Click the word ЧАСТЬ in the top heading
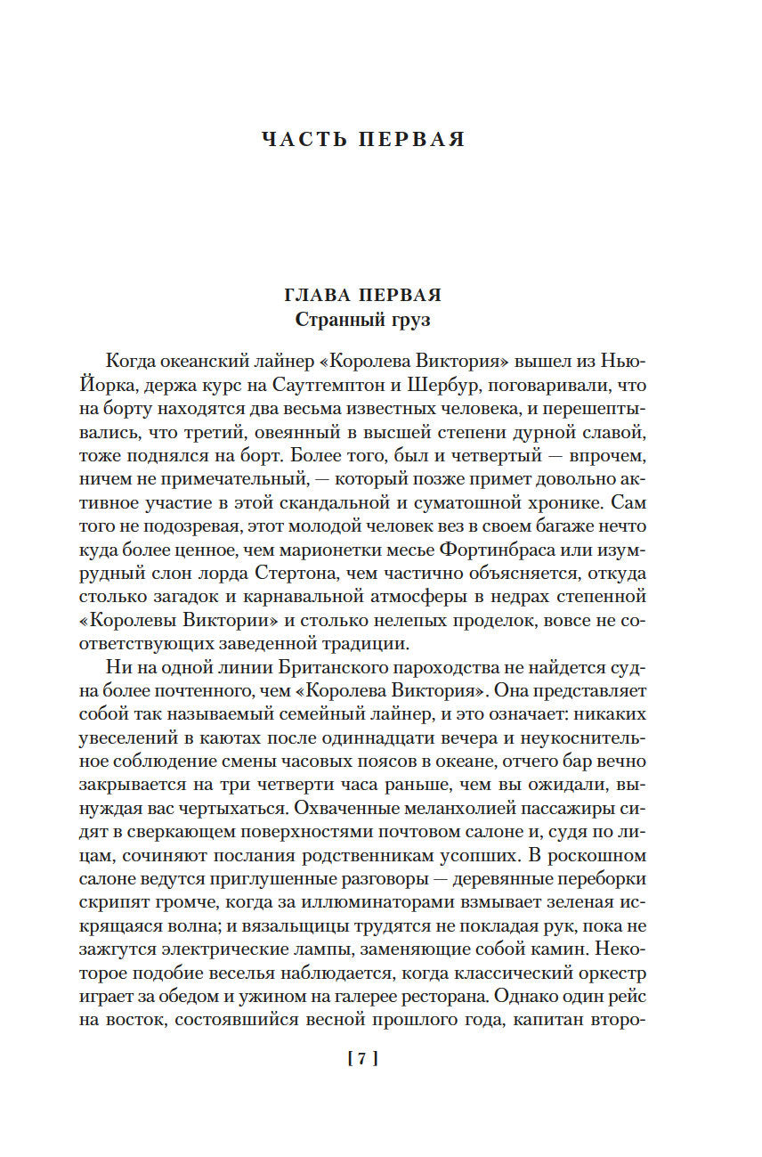point(304,140)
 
